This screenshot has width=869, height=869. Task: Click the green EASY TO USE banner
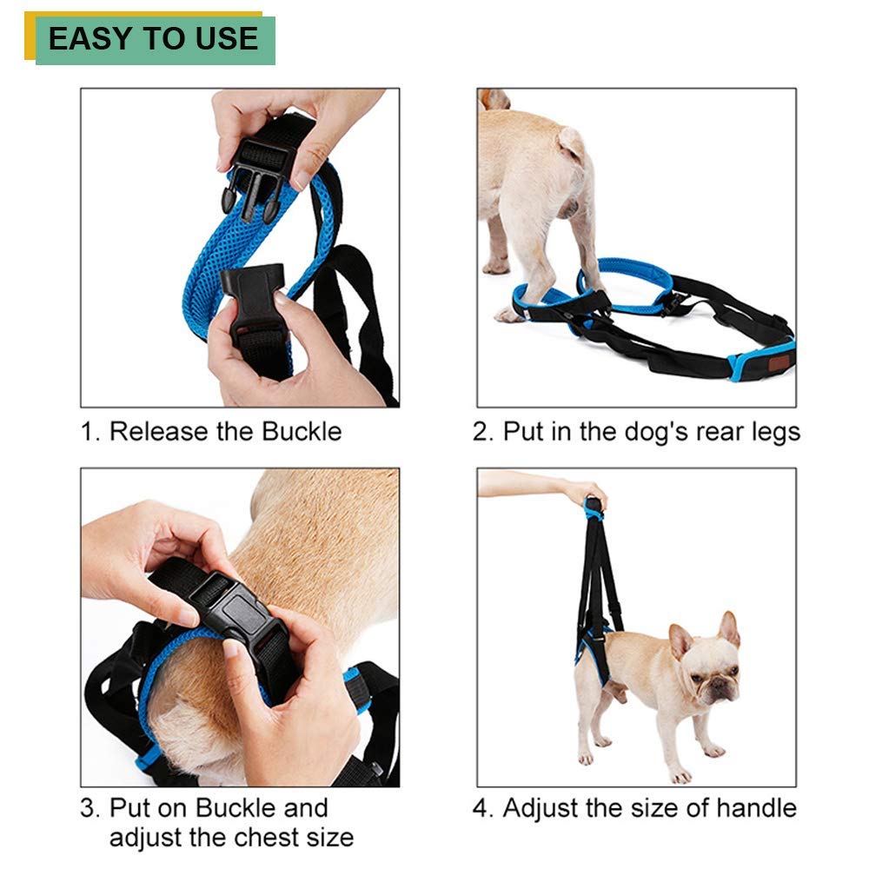[x=155, y=40]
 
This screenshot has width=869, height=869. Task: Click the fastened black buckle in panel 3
[x=235, y=621]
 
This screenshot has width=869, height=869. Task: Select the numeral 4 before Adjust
[x=482, y=809]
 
